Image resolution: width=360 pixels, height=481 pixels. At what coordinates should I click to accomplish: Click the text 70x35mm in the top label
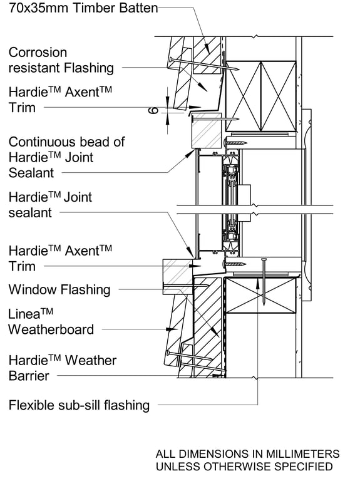(x=35, y=8)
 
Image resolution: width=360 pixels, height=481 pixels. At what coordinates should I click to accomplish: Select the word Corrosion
(x=38, y=53)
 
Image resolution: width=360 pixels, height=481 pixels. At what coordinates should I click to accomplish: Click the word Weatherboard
(x=51, y=329)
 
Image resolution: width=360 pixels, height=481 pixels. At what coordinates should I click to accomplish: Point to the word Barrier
(x=29, y=376)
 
